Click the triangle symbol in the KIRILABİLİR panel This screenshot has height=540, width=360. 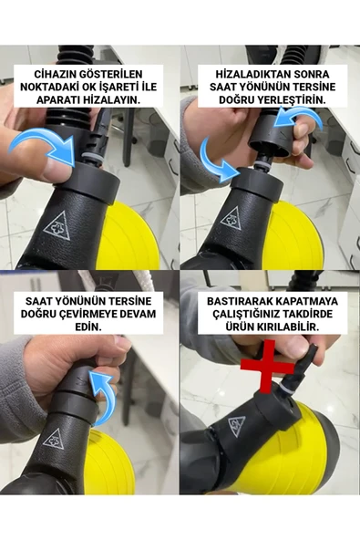(x=237, y=426)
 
